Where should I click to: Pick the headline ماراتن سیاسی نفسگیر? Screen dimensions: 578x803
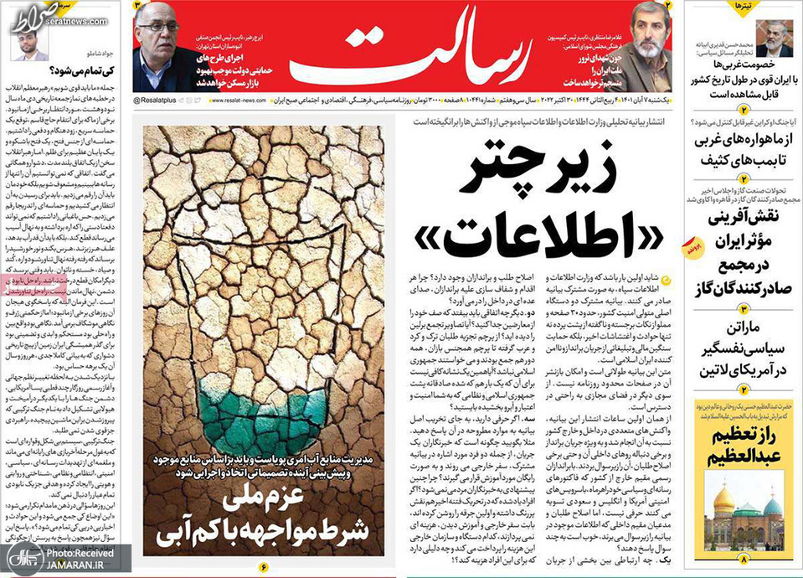point(738,353)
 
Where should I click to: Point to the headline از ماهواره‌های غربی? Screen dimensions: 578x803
point(738,148)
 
